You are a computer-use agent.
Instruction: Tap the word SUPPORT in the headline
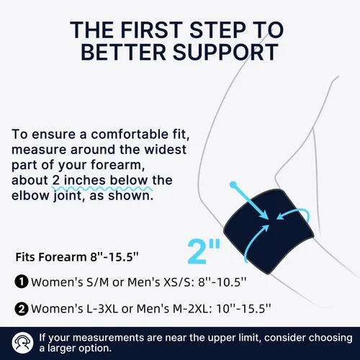(x=225, y=52)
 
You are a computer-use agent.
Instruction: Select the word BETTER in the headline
(x=123, y=52)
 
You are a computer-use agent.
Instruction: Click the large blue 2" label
(x=204, y=252)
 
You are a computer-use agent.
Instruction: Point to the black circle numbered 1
(x=22, y=282)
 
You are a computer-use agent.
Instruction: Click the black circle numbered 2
(x=22, y=309)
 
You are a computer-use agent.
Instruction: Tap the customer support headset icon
(x=22, y=343)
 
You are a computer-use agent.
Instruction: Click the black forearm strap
(x=269, y=232)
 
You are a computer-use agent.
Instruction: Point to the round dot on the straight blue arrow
(x=233, y=184)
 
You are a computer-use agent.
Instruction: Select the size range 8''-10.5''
(x=222, y=282)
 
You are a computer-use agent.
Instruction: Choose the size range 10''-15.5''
(x=243, y=309)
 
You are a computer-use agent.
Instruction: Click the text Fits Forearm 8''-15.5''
(x=77, y=257)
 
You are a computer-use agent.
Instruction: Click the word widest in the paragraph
(x=165, y=150)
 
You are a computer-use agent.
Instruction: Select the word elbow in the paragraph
(x=30, y=196)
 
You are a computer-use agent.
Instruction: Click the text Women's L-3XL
(x=75, y=309)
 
